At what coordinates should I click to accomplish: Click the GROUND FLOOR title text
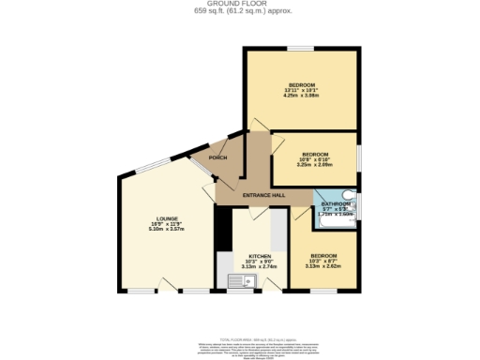(x=239, y=4)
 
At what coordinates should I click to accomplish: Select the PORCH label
(x=217, y=157)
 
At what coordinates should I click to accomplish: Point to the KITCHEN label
(x=260, y=255)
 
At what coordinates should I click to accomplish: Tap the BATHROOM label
(x=335, y=203)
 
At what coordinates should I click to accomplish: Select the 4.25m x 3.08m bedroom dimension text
(x=301, y=96)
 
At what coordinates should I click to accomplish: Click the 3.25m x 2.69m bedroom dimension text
(x=315, y=164)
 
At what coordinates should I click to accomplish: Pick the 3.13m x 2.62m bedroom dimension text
(x=323, y=266)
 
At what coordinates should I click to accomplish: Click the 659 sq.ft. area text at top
(x=239, y=11)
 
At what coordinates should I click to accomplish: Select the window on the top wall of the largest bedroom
(x=301, y=48)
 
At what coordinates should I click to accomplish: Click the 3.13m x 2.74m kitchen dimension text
(x=260, y=266)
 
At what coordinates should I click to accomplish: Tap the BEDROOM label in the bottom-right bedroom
(x=323, y=255)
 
